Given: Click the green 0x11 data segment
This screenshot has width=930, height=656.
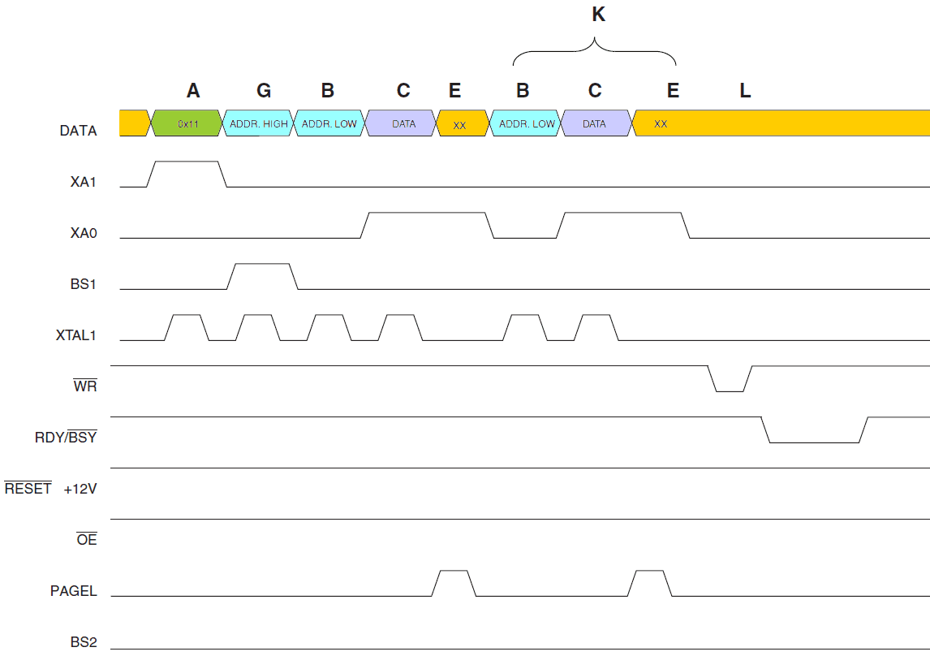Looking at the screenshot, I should coord(187,123).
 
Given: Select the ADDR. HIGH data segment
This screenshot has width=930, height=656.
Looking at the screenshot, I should coord(259,123).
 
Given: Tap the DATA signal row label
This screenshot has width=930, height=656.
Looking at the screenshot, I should coord(78,131).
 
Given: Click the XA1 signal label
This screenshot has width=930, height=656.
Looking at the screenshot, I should coord(84,183).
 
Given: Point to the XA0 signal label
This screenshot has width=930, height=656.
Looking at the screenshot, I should coord(84,234).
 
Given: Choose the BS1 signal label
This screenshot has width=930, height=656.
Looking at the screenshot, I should coord(84,285).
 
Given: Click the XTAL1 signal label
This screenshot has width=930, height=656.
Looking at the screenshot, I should coord(75,335).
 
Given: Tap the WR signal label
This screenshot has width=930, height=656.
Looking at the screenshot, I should coord(85,386).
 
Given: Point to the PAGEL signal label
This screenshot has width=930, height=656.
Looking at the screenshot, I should coord(74,591).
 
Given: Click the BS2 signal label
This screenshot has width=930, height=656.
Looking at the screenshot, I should coord(84,642).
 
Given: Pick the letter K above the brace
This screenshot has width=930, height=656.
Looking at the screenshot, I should coord(599,15).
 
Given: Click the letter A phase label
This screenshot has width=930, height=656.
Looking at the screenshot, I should coord(192,90).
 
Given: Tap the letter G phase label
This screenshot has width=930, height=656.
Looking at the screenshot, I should coord(264,90).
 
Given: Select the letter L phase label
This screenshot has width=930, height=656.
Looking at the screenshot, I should coord(745,91).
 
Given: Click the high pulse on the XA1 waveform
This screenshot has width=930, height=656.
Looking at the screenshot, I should coord(187,162).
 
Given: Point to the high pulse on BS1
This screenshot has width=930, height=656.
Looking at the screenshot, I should coord(262,265).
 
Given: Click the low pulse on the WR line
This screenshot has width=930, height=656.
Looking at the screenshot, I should coord(730,391).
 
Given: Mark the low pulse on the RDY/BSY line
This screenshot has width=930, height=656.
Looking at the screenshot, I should coord(814,442).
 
